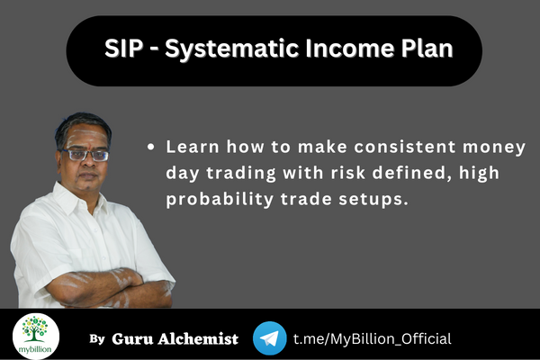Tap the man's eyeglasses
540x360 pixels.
(88, 154)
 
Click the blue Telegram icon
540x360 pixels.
(270, 337)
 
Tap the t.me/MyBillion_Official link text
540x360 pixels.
(372, 338)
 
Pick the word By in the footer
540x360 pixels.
(97, 339)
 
